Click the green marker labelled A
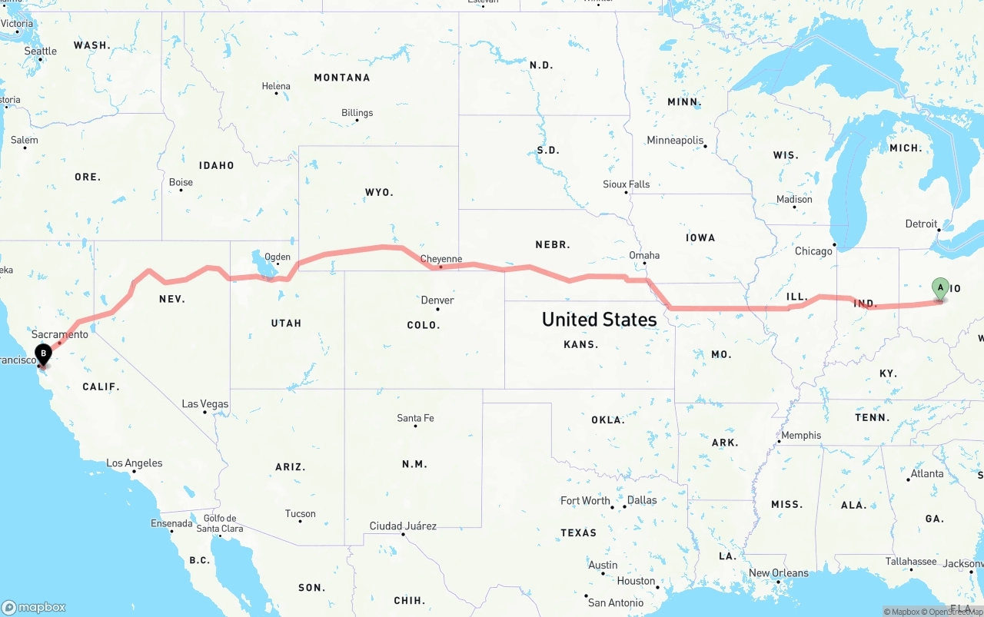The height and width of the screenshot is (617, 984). click(939, 288)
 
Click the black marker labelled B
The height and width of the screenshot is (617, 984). click(44, 354)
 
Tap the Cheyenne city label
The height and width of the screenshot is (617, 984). click(441, 259)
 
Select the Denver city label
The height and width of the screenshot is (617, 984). click(437, 300)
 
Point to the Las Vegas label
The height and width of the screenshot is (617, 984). click(205, 403)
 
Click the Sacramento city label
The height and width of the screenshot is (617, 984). click(60, 334)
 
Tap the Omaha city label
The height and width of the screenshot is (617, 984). click(644, 255)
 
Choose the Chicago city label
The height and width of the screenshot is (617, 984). click(813, 250)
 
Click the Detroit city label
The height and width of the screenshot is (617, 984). click(921, 224)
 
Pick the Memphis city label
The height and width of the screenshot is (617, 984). click(801, 435)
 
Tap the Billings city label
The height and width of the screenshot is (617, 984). click(357, 112)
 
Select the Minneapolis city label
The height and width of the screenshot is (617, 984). click(675, 140)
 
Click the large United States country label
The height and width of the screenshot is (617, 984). click(599, 319)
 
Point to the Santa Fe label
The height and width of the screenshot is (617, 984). click(415, 418)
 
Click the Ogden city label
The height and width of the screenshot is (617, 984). click(278, 257)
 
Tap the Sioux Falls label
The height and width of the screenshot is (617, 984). click(626, 184)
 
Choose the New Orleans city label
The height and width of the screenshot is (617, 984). click(778, 572)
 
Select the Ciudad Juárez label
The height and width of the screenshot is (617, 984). click(403, 526)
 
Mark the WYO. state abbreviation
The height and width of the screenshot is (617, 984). click(379, 191)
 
